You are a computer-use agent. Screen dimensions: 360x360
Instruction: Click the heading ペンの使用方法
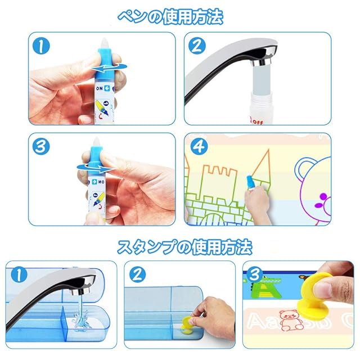pyautogui.click(x=170, y=17)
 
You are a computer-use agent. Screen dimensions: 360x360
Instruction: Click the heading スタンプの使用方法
pyautogui.click(x=185, y=247)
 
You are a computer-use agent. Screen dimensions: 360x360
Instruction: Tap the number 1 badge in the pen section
pyautogui.click(x=41, y=46)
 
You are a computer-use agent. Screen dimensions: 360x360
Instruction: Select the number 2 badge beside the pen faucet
pyautogui.click(x=197, y=46)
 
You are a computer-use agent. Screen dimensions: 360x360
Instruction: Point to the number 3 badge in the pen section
pyautogui.click(x=41, y=147)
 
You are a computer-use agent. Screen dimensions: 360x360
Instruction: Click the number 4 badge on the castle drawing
pyautogui.click(x=199, y=146)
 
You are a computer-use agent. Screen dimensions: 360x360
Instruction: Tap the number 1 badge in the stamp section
pyautogui.click(x=19, y=275)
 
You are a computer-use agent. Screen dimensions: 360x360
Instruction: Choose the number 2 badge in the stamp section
pyautogui.click(x=137, y=275)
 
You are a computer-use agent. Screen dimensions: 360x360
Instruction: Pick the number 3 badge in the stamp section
pyautogui.click(x=255, y=275)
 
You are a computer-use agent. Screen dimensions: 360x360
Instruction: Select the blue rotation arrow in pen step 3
pyautogui.click(x=95, y=168)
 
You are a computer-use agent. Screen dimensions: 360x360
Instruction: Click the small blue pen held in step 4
pyautogui.click(x=251, y=182)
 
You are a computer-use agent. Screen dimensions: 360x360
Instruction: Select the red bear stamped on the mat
pyautogui.click(x=289, y=320)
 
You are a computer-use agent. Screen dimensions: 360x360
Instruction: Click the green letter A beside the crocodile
pyautogui.click(x=266, y=290)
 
